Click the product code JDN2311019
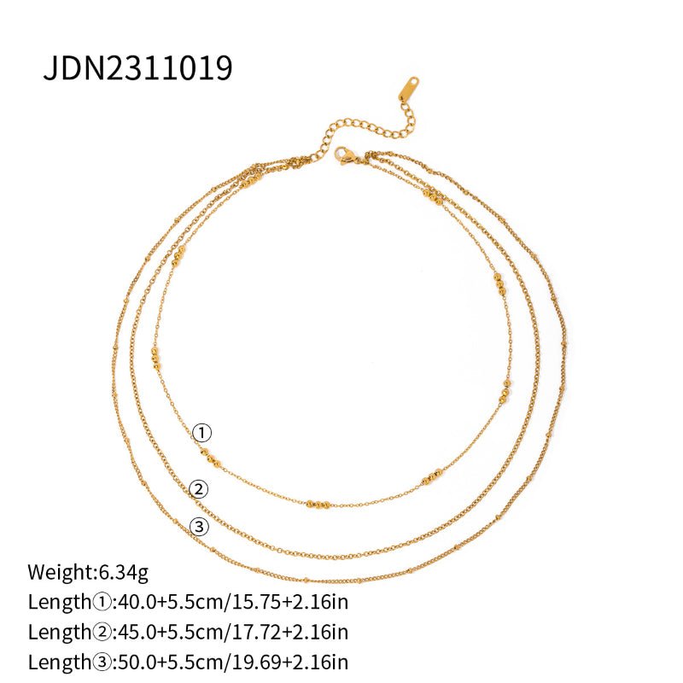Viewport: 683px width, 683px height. click(x=137, y=68)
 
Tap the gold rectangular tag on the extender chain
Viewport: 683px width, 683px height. click(x=407, y=88)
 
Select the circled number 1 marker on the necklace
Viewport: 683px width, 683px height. click(x=201, y=433)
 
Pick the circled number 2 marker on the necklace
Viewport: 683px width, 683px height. click(x=198, y=489)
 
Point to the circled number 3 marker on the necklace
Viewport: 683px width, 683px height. click(x=201, y=527)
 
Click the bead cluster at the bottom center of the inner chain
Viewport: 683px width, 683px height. click(x=318, y=505)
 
